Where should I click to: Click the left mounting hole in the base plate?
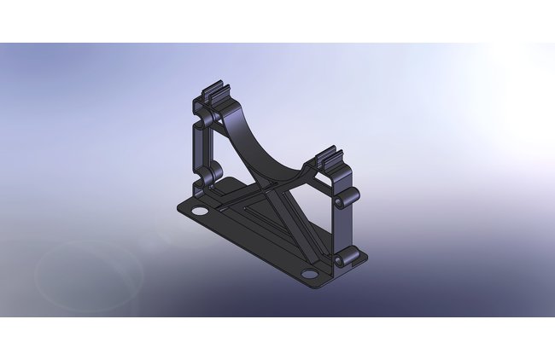click(x=199, y=211)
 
